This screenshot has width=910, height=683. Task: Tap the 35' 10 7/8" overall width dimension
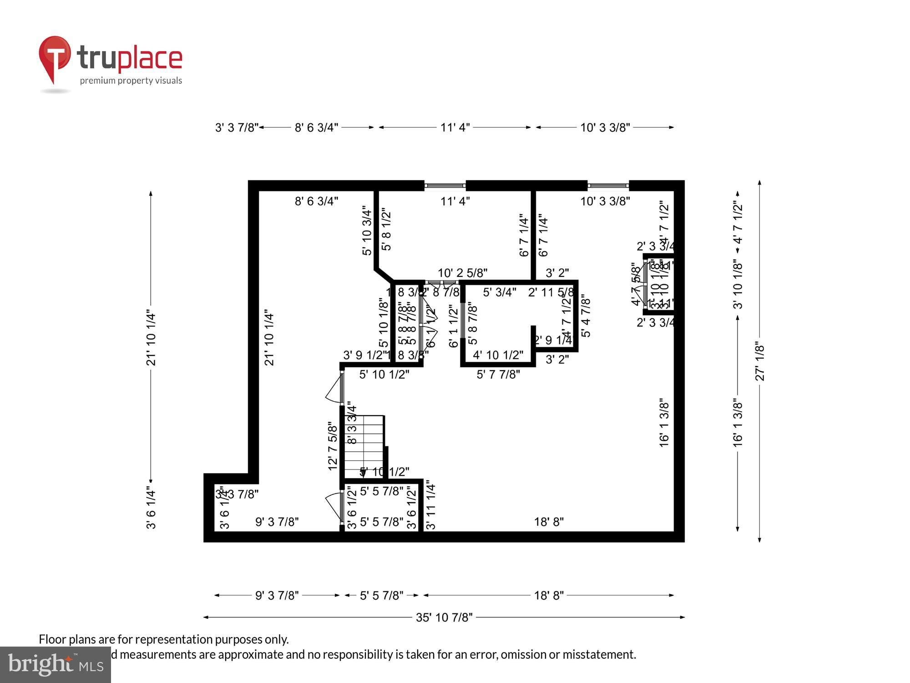[444, 617]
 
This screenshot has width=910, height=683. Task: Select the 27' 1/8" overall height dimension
[760, 361]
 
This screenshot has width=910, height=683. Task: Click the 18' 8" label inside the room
[549, 522]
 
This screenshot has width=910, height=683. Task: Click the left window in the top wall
[445, 186]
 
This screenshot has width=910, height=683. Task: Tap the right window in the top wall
[608, 186]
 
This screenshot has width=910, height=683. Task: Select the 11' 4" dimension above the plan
[455, 127]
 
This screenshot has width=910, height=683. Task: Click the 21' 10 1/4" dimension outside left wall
[151, 339]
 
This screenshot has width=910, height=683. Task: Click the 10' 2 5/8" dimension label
[462, 273]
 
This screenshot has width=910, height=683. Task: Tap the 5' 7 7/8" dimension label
[498, 374]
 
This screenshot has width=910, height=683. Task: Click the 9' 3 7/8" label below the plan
[277, 596]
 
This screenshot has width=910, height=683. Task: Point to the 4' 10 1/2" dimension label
[498, 355]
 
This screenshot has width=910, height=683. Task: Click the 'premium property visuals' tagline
[131, 81]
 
